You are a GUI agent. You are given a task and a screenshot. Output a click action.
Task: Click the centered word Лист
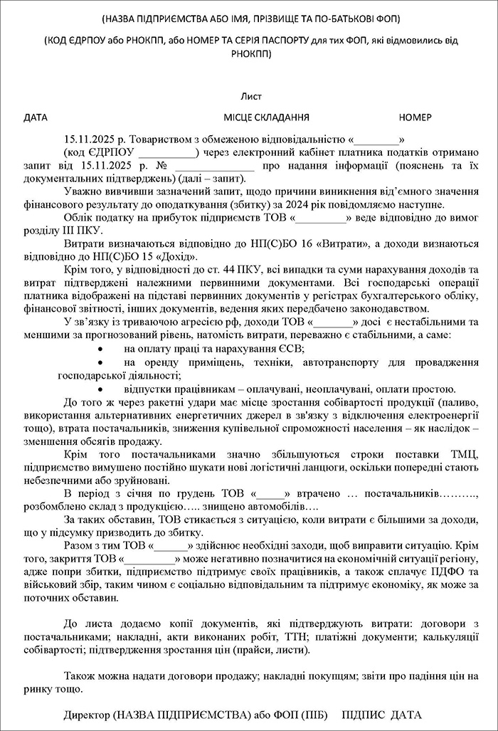tap(251, 94)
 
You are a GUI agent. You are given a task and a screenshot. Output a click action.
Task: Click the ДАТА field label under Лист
tap(36, 116)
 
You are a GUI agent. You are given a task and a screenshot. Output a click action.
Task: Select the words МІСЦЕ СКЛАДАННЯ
tap(266, 116)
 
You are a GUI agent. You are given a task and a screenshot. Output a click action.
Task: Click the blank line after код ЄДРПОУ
tap(168, 152)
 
